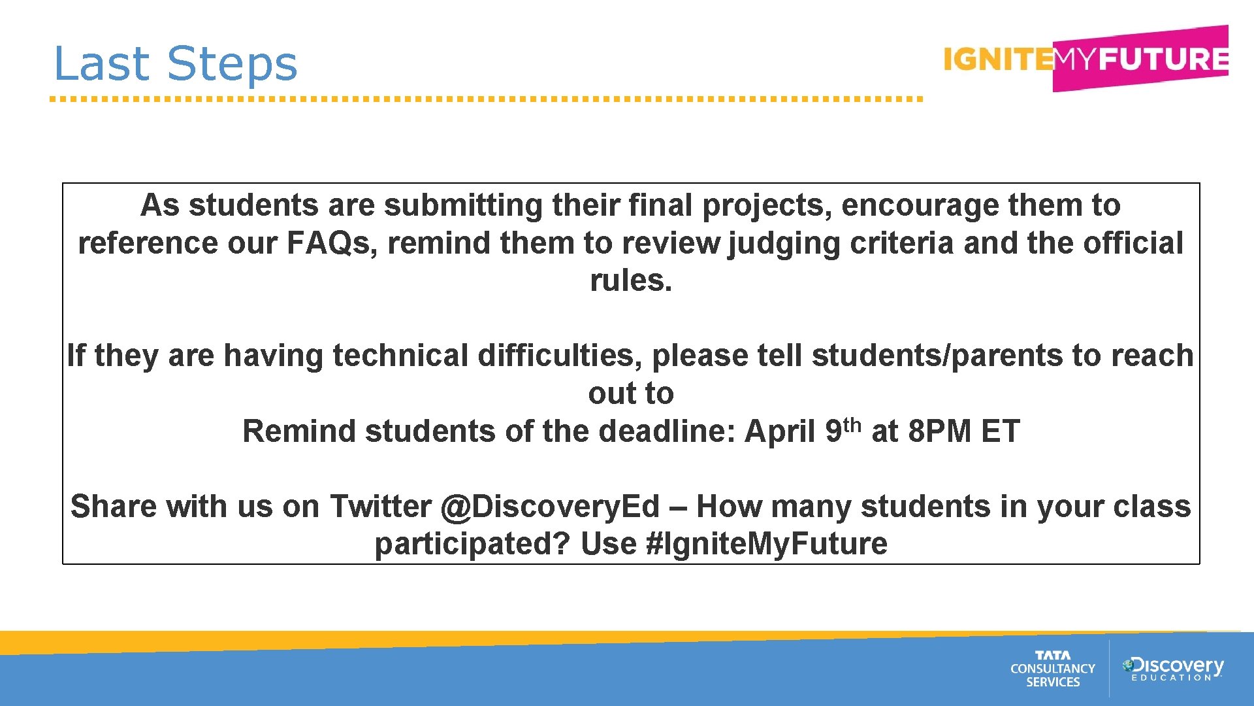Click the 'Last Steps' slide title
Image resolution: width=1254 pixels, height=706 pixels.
click(175, 64)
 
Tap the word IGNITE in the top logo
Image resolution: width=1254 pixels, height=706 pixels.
click(997, 59)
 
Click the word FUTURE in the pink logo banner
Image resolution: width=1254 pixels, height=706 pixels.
click(1163, 59)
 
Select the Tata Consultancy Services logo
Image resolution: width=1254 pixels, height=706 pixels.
click(1052, 669)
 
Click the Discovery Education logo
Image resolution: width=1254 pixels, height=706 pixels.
click(1173, 669)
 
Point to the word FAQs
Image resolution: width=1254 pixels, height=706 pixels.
click(329, 243)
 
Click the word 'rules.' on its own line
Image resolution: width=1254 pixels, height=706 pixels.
click(631, 280)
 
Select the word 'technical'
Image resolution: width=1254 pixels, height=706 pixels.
click(400, 356)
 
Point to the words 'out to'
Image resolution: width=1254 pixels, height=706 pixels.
click(631, 394)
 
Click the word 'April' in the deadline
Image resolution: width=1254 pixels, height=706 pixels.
click(780, 431)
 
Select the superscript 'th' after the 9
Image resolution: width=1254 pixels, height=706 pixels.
click(852, 425)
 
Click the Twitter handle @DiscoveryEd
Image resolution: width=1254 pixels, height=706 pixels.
click(550, 507)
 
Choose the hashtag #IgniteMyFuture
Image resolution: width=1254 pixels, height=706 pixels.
click(766, 544)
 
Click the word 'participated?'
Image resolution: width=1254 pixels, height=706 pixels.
click(472, 544)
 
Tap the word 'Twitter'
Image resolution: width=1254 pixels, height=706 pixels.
click(380, 507)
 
